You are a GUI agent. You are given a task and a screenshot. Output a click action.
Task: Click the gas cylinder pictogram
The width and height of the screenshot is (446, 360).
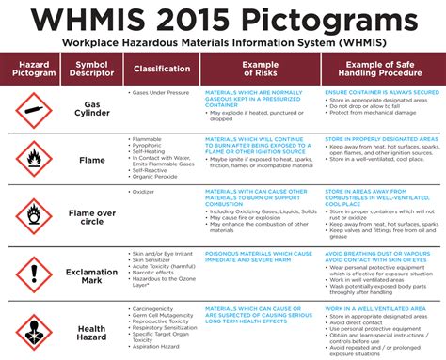click(34, 111)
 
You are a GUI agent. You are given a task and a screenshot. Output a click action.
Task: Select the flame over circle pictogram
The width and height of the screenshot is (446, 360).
click(34, 215)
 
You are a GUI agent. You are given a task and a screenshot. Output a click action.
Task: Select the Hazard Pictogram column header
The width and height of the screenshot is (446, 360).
click(34, 69)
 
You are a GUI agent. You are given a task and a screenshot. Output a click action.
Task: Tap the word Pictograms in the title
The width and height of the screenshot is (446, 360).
click(321, 20)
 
